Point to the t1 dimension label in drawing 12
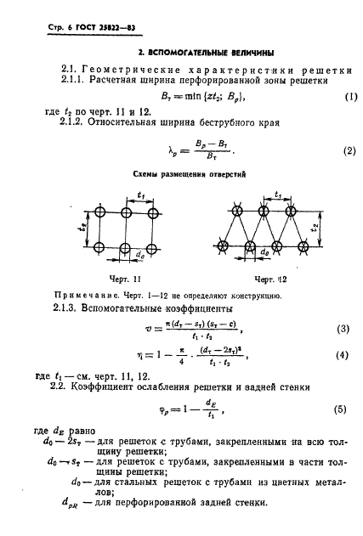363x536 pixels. tap(279, 195)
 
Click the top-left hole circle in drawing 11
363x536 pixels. tap(100, 212)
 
